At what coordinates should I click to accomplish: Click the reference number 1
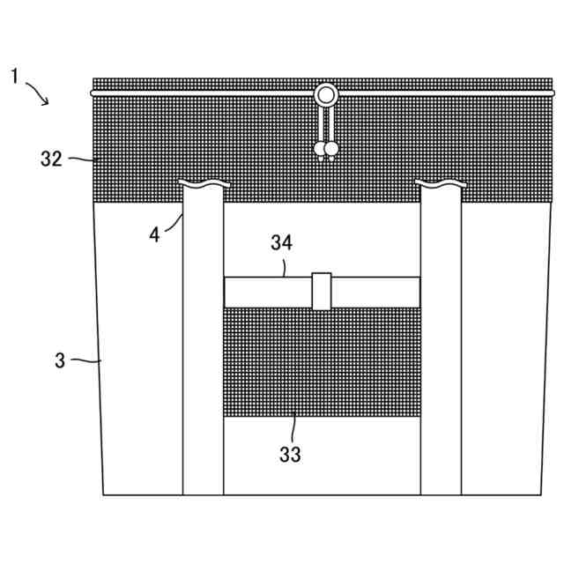pyautogui.click(x=15, y=77)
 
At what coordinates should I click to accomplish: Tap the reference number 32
pyautogui.click(x=51, y=159)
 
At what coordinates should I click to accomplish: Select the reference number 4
pyautogui.click(x=155, y=236)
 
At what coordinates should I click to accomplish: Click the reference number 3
pyautogui.click(x=60, y=360)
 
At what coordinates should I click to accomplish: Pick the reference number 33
pyautogui.click(x=290, y=455)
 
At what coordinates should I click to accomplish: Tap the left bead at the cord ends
pyautogui.click(x=320, y=150)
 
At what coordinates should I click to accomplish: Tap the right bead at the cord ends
pyautogui.click(x=331, y=150)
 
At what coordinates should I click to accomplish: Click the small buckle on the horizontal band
pyautogui.click(x=322, y=292)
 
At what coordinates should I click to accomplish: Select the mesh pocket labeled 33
pyautogui.click(x=321, y=361)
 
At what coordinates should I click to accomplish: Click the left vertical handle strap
pyautogui.click(x=203, y=352)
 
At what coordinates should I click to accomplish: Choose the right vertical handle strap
pyautogui.click(x=440, y=352)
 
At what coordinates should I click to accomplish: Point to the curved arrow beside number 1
pyautogui.click(x=38, y=92)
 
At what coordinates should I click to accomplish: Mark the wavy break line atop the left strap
pyautogui.click(x=203, y=184)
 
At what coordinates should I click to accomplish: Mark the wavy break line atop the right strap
pyautogui.click(x=440, y=184)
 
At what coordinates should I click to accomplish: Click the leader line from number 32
pyautogui.click(x=80, y=160)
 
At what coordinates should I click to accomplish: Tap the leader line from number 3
pyautogui.click(x=86, y=360)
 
